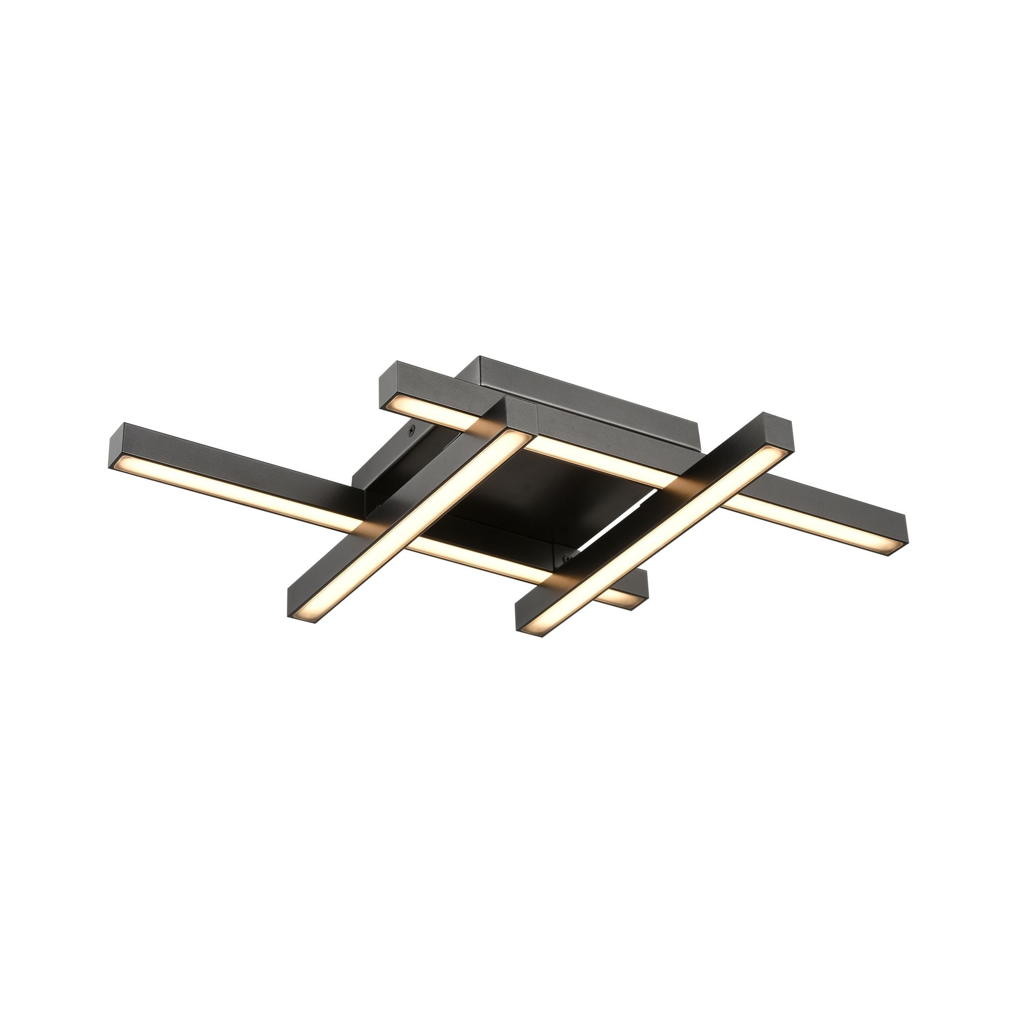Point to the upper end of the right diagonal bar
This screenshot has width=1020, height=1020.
pyautogui.click(x=776, y=425)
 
